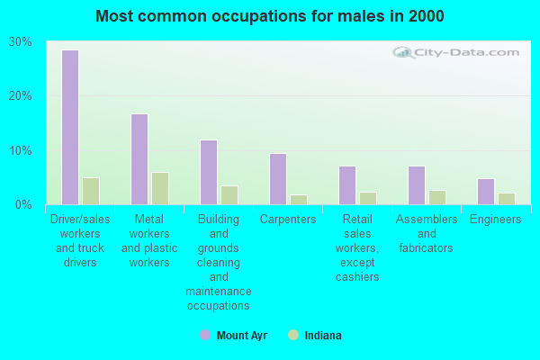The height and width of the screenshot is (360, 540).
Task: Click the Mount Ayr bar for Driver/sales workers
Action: click(70, 127)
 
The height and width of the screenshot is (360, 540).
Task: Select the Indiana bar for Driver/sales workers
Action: click(91, 191)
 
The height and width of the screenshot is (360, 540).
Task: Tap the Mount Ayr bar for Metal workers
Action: click(139, 159)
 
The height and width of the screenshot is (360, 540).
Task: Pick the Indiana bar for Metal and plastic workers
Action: click(160, 188)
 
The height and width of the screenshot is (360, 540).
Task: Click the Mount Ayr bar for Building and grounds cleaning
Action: click(209, 172)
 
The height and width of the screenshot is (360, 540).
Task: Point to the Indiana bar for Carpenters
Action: click(299, 200)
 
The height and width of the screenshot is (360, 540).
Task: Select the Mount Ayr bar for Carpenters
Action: click(278, 179)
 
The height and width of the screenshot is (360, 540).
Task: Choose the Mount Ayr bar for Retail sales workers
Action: click(347, 185)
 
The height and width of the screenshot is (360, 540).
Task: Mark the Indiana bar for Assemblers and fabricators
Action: click(437, 197)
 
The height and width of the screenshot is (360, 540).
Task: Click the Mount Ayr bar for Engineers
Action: click(486, 192)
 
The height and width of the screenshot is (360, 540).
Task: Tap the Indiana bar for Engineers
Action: click(507, 199)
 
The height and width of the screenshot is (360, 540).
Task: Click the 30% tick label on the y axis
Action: click(21, 42)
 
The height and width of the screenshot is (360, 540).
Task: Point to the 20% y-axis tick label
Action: click(21, 96)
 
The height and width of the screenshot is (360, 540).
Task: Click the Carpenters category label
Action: click(288, 220)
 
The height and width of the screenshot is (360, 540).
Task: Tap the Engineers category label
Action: click(496, 220)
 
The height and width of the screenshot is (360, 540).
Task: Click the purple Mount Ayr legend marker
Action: click(204, 336)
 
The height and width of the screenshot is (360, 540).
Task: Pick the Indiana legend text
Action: click(322, 336)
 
